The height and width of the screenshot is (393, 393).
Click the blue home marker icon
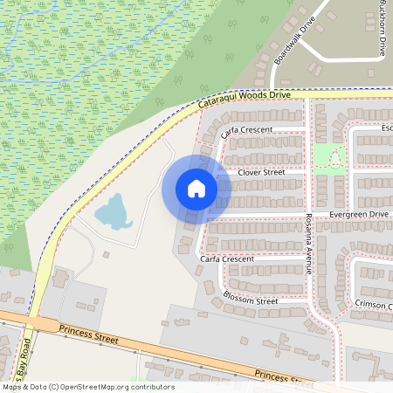click(196, 188)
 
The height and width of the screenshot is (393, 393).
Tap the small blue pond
click(111, 210)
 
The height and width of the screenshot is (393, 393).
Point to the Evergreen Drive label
click(358, 213)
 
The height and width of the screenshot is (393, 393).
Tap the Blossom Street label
click(251, 300)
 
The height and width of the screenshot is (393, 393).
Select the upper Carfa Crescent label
click(247, 129)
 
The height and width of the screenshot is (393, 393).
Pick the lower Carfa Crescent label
click(226, 259)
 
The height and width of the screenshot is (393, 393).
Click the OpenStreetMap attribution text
click(87, 387)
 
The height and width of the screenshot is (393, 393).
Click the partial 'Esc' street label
click(386, 128)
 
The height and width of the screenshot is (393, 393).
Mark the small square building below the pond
click(106, 255)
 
